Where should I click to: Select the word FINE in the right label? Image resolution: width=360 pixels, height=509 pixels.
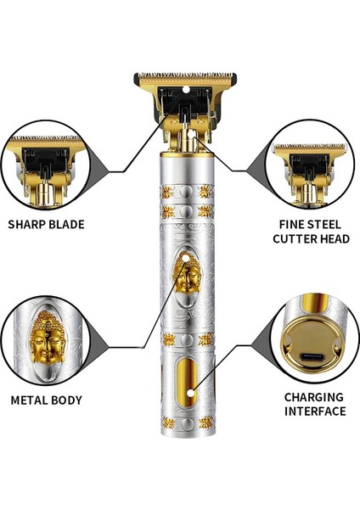pos(291,225)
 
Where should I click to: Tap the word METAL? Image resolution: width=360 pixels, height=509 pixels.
pos(30,399)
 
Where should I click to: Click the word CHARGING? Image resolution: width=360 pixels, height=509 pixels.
pos(313,396)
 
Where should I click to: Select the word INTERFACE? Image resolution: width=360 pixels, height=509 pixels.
pos(313,411)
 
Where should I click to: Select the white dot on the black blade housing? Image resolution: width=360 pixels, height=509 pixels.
pos(183,87)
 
